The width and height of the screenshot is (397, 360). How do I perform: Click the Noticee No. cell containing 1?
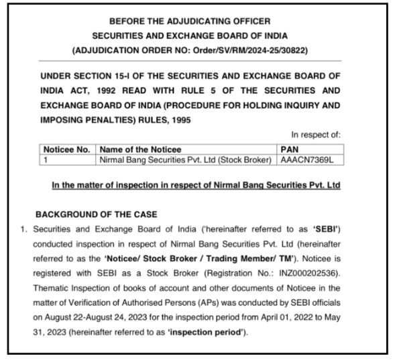coord(47,159)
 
